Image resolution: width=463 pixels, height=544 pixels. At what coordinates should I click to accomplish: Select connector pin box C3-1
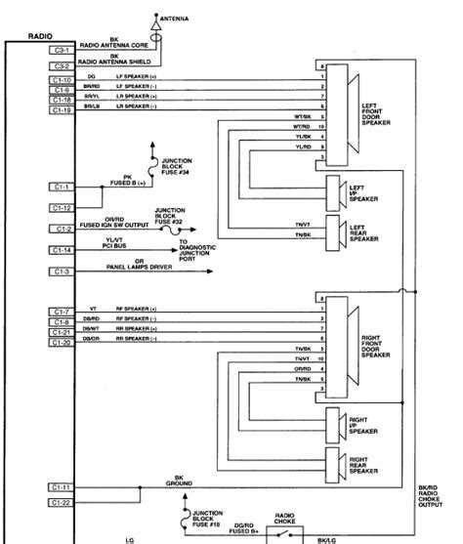(62, 48)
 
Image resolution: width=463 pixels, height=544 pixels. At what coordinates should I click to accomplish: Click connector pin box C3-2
(62, 66)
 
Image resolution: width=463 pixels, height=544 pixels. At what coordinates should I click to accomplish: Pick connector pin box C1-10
(62, 79)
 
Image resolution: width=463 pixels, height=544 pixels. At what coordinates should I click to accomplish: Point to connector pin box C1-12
(62, 207)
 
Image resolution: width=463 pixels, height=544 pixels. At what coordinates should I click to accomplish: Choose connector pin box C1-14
(62, 251)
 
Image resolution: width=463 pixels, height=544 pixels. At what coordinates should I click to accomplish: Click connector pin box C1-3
(62, 272)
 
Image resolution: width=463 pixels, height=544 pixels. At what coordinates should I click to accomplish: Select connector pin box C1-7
(62, 311)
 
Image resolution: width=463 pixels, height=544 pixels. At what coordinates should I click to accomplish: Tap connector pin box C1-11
(62, 485)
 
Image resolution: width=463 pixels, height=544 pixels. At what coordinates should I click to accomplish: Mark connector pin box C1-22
(62, 502)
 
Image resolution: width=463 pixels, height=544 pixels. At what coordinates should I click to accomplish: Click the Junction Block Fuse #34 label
(177, 167)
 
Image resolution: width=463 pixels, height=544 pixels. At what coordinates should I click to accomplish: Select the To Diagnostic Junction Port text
(196, 251)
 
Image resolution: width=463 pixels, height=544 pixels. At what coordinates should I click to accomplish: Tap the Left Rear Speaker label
(363, 230)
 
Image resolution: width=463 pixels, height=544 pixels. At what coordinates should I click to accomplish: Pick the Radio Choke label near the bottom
(285, 518)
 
